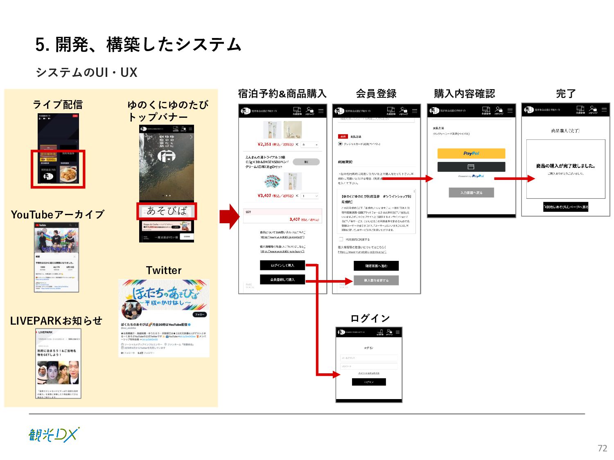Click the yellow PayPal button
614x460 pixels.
(x=471, y=153)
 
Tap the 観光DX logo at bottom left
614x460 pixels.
(x=54, y=435)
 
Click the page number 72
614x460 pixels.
(x=602, y=448)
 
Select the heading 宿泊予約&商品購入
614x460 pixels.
(x=282, y=94)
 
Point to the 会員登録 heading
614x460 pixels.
(x=376, y=94)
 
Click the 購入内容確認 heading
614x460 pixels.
(x=464, y=94)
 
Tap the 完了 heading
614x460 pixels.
(x=566, y=94)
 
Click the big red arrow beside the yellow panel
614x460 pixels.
(x=229, y=217)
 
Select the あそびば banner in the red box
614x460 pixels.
(x=167, y=211)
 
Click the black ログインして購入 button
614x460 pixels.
(x=282, y=265)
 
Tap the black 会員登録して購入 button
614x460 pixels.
(x=282, y=280)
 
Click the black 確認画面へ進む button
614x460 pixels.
(x=376, y=266)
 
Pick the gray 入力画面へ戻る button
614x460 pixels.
(x=471, y=193)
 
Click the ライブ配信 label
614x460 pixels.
(x=58, y=105)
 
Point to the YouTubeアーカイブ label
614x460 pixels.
(x=57, y=215)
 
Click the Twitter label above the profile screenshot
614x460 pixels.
(x=164, y=270)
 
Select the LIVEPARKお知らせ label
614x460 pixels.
(x=56, y=321)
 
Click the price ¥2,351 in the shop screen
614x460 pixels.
(x=264, y=144)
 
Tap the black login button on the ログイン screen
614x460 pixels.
(x=369, y=382)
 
